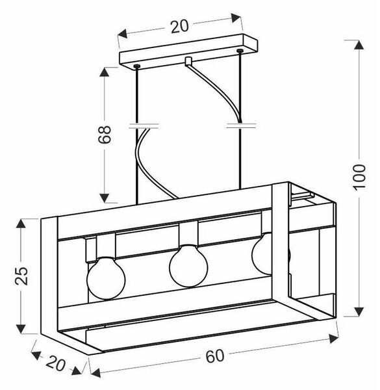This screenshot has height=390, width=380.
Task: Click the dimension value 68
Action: point(104,135)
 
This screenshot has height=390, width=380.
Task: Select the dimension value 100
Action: point(359,177)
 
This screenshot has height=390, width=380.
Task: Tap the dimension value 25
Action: point(21,276)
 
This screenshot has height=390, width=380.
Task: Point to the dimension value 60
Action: point(215,356)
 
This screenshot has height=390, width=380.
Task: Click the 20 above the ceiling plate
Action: point(180,27)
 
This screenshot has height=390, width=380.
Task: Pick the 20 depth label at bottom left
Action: point(56,363)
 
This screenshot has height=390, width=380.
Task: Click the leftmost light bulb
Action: point(106,278)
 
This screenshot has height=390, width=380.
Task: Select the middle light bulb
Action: point(188,266)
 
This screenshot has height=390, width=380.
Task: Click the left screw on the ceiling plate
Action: point(136,66)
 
